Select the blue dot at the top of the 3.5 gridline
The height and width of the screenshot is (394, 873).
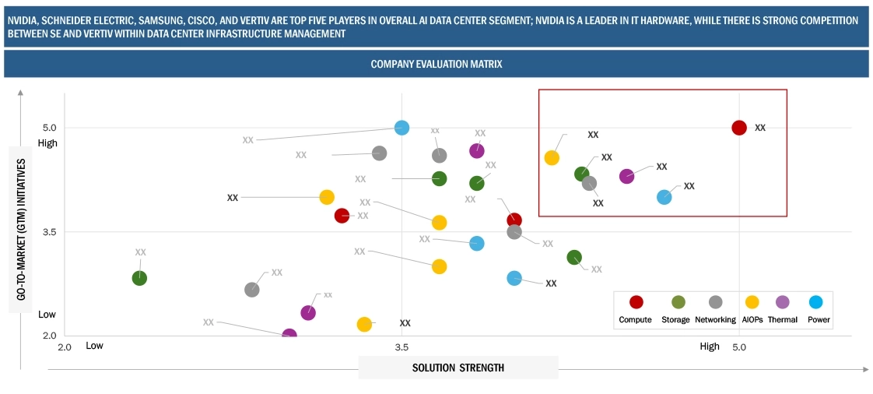click(401, 128)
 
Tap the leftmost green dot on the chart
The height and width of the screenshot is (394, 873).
click(139, 278)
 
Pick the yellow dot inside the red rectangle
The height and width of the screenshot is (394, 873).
click(552, 158)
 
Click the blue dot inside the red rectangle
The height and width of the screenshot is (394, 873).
click(664, 197)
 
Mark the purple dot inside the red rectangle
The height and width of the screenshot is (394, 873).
click(626, 177)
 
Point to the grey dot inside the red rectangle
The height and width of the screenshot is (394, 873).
click(590, 184)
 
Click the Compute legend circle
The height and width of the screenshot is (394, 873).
click(636, 303)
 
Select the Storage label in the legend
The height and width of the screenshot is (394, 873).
click(675, 320)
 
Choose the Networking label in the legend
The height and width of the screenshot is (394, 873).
click(715, 320)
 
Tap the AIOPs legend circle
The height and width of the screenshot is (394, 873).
click(752, 303)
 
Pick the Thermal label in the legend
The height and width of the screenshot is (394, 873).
click(782, 320)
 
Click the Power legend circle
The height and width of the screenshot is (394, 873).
click(815, 303)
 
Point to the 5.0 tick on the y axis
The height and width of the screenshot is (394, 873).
click(49, 128)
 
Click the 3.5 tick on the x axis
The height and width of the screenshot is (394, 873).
click(401, 347)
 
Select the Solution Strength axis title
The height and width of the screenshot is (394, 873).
click(458, 368)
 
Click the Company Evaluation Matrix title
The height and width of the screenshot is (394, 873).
click(436, 65)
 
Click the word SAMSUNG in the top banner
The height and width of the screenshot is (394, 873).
click(160, 20)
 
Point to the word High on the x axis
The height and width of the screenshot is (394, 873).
click(709, 347)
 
